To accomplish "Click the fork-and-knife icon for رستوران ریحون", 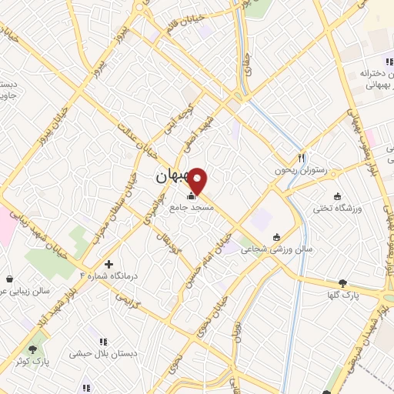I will point(302,156).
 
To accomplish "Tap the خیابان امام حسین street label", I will point(208,259).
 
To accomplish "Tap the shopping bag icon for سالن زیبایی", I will point(8,279).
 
